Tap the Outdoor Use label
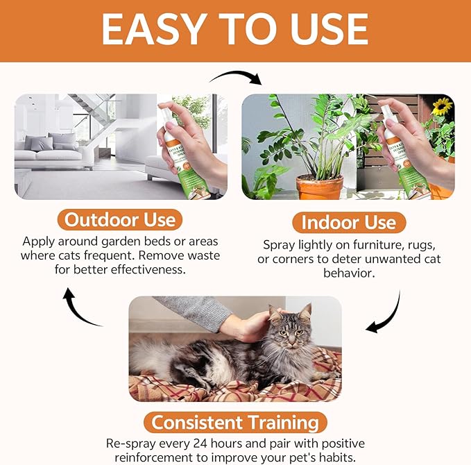pos(120,220)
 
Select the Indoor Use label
pos(349,222)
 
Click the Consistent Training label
pos(235,423)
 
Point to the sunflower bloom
pos(442,106)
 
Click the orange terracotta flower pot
pos(320,187)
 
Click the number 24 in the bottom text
pos(200,443)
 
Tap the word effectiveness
pos(146,269)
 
